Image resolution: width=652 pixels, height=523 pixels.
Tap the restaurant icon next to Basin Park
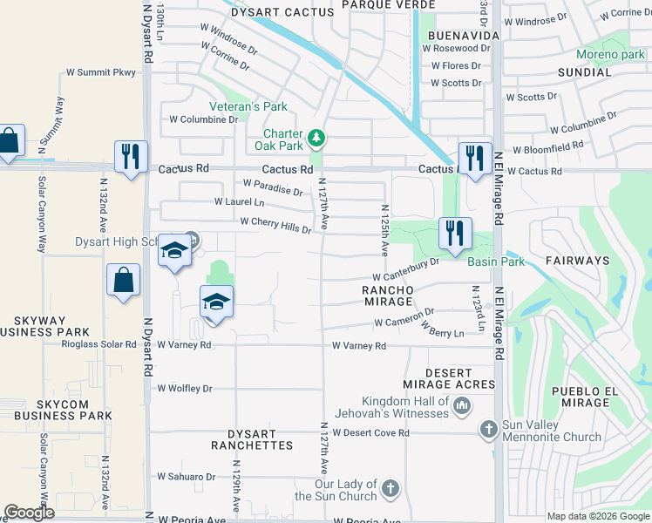pyautogui.click(x=454, y=234)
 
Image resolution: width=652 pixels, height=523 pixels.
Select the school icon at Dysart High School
pyautogui.click(x=174, y=253)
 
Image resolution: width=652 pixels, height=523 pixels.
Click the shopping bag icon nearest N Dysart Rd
pyautogui.click(x=123, y=281)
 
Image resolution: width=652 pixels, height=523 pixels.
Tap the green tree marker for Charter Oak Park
pyautogui.click(x=318, y=138)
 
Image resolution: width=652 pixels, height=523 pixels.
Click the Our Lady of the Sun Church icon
pyautogui.click(x=391, y=487)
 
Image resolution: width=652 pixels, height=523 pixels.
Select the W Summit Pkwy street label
pyautogui.click(x=102, y=72)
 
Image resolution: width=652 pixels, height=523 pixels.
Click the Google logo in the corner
pyautogui.click(x=30, y=513)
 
